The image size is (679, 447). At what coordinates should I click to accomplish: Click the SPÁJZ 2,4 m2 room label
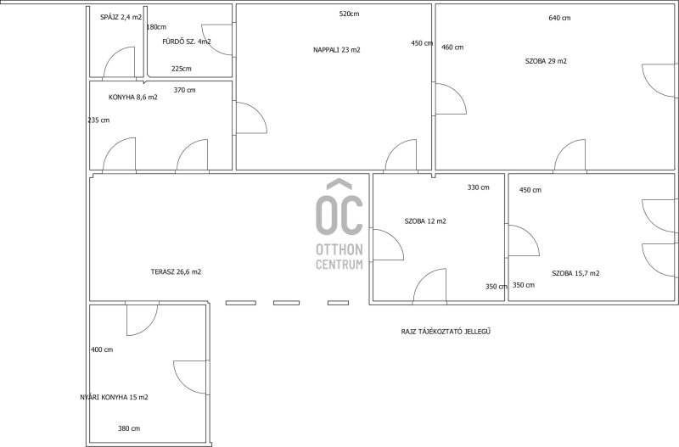tap(121, 17)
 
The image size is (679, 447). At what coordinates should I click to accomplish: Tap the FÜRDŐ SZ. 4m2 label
tap(187, 42)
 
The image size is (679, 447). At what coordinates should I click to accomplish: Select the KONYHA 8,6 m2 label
tap(133, 98)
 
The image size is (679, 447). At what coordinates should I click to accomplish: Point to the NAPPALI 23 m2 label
tap(336, 50)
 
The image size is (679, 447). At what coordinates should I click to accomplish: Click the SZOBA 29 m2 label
tap(546, 61)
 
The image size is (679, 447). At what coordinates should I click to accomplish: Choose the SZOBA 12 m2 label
tap(425, 221)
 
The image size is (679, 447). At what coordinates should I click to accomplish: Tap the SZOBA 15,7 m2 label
tap(575, 273)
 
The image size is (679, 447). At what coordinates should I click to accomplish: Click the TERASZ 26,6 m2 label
tap(176, 271)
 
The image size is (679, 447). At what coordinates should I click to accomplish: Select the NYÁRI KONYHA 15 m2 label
tap(114, 397)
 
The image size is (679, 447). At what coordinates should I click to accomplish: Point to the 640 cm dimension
tap(559, 18)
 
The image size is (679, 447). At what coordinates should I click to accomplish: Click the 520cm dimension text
tap(349, 14)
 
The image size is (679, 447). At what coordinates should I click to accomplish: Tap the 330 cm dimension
tap(478, 187)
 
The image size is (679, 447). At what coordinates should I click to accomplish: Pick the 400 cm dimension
tap(102, 349)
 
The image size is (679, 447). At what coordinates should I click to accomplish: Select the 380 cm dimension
tap(129, 428)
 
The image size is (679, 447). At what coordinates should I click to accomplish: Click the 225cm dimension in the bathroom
tap(181, 69)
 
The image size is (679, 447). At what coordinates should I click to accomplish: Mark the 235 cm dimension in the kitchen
tap(98, 120)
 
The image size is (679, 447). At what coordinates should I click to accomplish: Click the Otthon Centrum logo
tap(339, 224)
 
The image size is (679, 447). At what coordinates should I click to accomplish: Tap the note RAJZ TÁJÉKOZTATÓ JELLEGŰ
tap(446, 332)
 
